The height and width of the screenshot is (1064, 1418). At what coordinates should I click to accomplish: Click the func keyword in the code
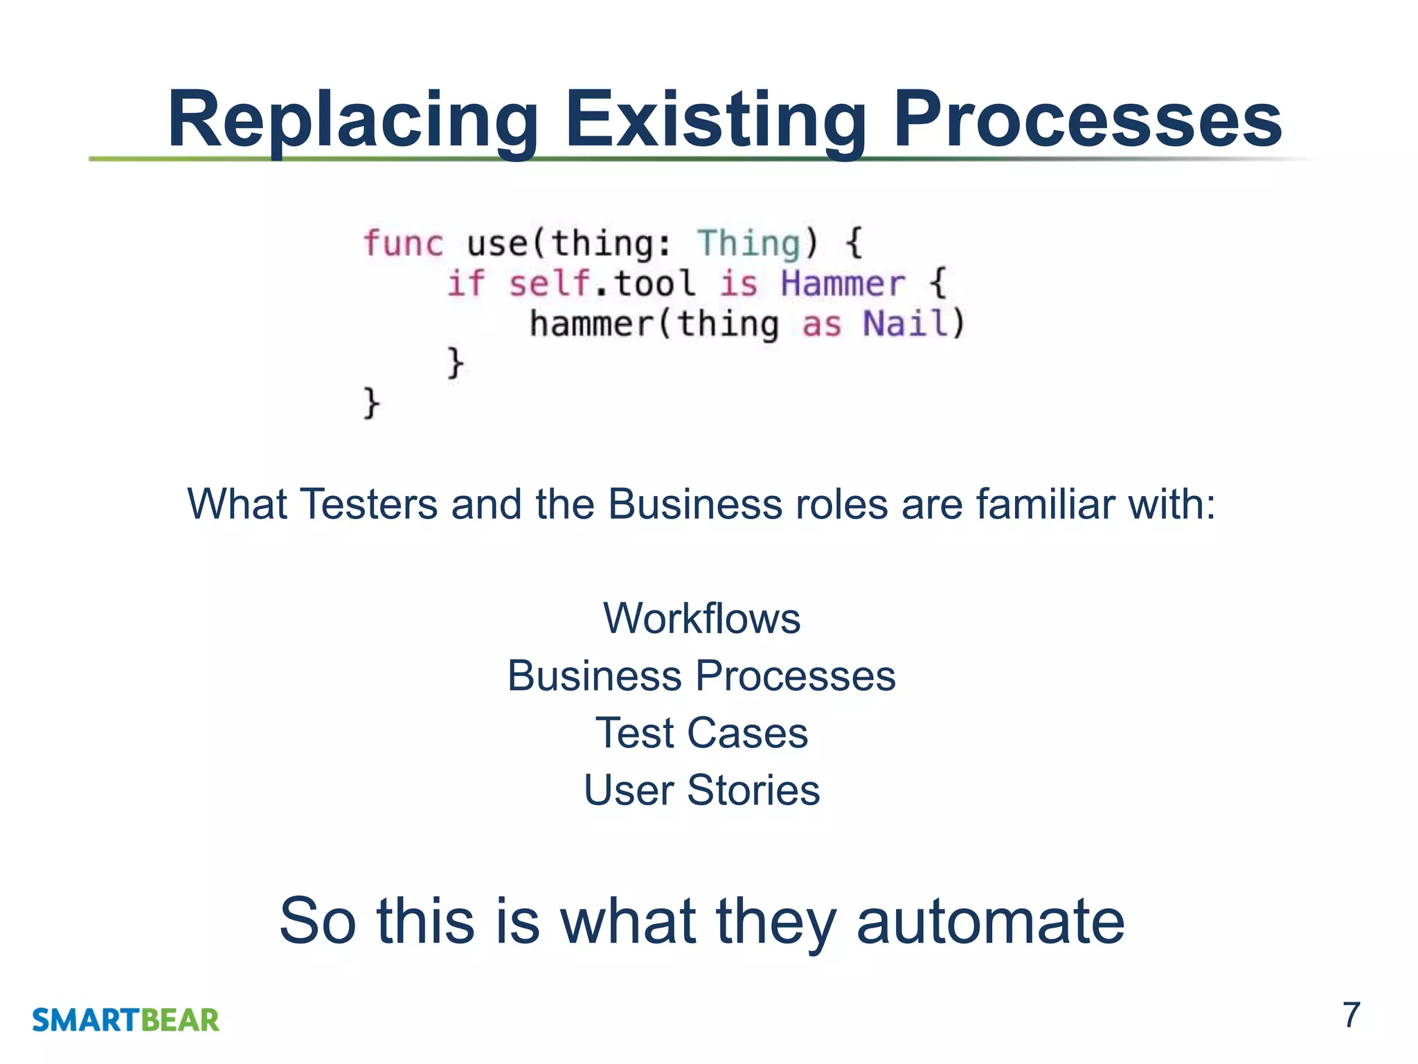pos(402,243)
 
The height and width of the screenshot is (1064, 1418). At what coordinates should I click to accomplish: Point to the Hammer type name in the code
pos(843,284)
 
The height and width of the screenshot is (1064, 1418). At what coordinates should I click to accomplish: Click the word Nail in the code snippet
pos(905,323)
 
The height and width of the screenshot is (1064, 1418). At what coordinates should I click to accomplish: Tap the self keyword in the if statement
pos(550,284)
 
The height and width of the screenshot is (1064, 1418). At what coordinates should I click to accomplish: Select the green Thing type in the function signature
pos(748,243)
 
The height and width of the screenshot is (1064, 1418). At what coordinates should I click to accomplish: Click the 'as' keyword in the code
pos(821,325)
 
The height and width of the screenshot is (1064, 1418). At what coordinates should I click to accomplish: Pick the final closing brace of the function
pos(372,402)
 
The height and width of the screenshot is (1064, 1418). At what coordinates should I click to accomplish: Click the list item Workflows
pos(701,618)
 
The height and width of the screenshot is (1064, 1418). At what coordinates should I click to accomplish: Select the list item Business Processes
pos(701,675)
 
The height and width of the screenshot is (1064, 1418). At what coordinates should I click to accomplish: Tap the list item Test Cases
pos(701,733)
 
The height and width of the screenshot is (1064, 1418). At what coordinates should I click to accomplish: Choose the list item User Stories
pos(701,790)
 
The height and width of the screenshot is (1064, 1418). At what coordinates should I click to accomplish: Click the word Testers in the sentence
pos(369,504)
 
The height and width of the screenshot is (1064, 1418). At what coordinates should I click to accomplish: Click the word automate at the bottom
pos(990,921)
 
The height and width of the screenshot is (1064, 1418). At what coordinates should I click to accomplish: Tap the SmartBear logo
pos(125,1020)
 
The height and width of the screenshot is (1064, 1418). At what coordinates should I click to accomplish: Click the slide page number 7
pos(1351,1016)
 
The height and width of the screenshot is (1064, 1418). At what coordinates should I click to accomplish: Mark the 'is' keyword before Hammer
pos(739,284)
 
